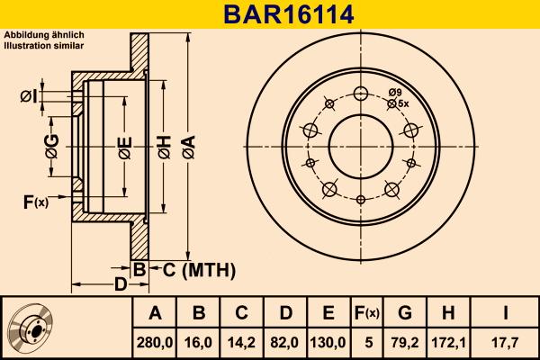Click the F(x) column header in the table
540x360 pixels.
point(366,313)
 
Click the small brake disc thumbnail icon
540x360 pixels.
point(34,328)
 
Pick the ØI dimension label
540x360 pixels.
point(28,96)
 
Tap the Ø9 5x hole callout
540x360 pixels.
point(399,98)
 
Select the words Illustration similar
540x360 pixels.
point(45,44)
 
